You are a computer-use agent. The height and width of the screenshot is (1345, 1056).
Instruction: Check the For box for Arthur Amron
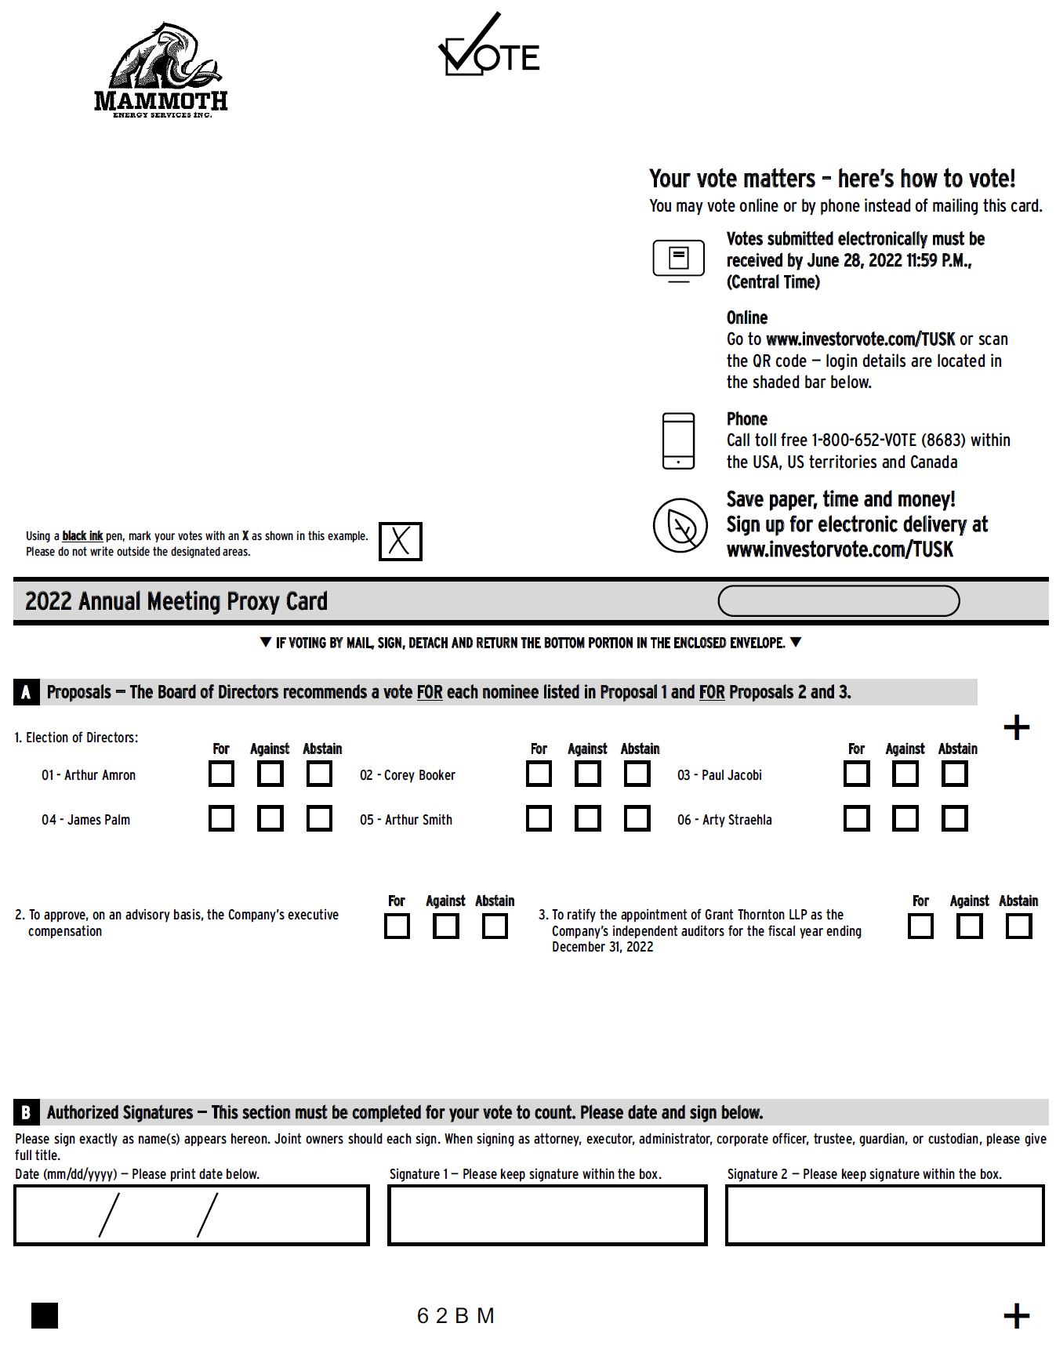[x=221, y=774]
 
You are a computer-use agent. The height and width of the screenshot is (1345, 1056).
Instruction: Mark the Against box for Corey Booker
[x=587, y=774]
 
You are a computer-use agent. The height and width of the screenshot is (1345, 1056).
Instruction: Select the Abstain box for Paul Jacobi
[x=954, y=774]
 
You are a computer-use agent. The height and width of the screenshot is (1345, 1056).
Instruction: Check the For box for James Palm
[x=221, y=819]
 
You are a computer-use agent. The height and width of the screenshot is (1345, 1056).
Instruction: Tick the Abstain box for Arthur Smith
[x=637, y=819]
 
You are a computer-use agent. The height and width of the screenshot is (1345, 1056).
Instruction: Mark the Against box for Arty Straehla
[x=905, y=819]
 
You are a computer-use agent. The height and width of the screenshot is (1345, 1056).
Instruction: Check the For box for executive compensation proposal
[x=397, y=926]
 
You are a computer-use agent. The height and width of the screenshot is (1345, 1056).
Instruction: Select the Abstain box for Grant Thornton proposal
[x=1018, y=926]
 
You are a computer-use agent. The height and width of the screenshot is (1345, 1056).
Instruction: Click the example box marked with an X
[x=400, y=542]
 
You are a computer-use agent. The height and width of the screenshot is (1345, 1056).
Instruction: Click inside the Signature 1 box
[x=547, y=1215]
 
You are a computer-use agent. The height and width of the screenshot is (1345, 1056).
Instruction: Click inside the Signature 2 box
[x=884, y=1215]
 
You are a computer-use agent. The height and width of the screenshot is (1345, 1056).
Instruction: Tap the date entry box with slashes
[x=191, y=1215]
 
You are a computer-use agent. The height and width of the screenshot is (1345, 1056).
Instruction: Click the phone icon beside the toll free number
[x=678, y=441]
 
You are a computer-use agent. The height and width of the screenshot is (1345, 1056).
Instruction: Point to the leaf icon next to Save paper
[x=680, y=525]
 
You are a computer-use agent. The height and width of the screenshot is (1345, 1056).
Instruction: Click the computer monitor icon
[x=678, y=260]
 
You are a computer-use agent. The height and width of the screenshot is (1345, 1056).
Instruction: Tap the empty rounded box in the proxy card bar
[x=838, y=601]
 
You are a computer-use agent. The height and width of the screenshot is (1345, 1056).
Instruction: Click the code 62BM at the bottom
[x=455, y=1316]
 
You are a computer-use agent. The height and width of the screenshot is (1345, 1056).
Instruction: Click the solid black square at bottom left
[x=45, y=1316]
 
